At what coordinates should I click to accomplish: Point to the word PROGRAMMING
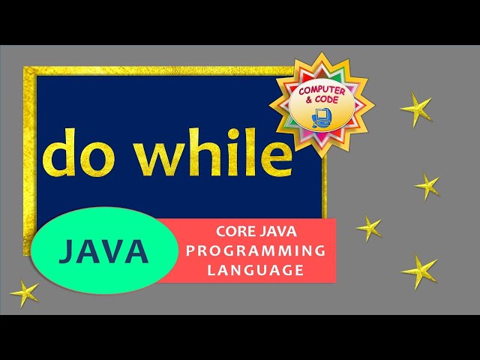tap(256, 250)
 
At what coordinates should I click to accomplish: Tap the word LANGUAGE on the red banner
tap(256, 269)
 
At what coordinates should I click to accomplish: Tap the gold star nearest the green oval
tap(25, 293)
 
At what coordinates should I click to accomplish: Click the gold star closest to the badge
tap(417, 109)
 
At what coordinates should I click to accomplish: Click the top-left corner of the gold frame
tap(27, 70)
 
